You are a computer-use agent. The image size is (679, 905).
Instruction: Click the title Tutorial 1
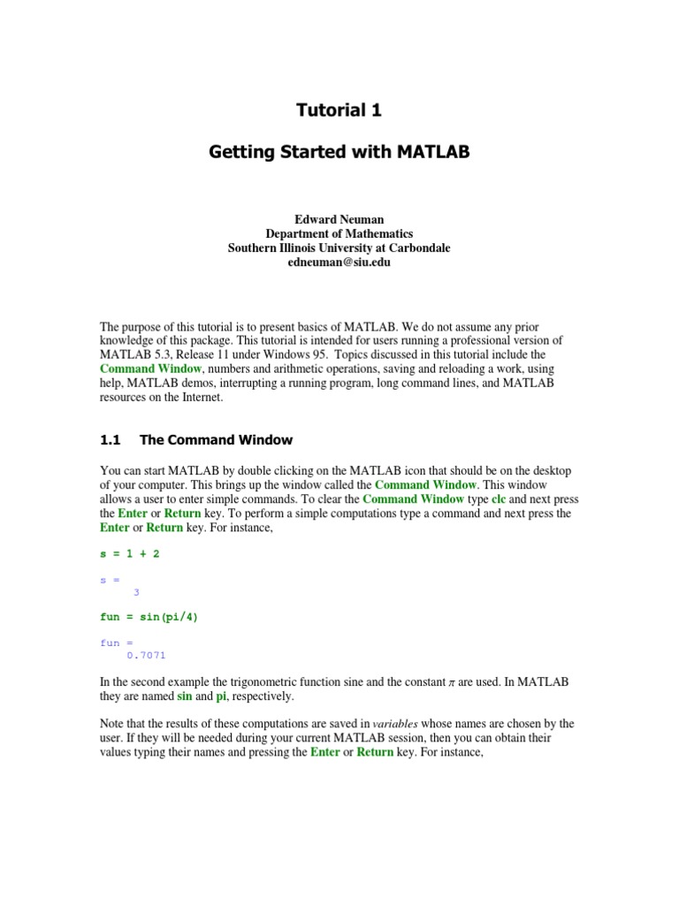tap(339, 110)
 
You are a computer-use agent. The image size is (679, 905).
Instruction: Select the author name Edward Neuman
tap(339, 219)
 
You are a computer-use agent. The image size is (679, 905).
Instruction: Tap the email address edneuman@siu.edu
tap(339, 262)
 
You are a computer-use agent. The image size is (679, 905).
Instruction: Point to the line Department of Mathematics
tap(339, 234)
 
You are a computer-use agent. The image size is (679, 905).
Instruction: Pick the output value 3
tap(136, 592)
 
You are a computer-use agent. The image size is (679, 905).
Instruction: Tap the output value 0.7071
tap(146, 655)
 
